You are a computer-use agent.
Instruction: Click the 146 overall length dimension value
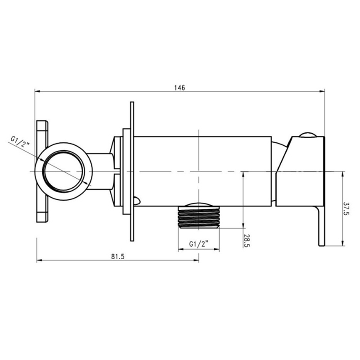pyautogui.click(x=180, y=88)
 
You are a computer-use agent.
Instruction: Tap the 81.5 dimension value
pyautogui.click(x=118, y=256)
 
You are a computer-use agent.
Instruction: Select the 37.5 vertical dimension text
pyautogui.click(x=346, y=208)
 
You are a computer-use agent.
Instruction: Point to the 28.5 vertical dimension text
pyautogui.click(x=247, y=241)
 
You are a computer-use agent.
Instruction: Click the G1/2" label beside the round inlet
pyautogui.click(x=20, y=141)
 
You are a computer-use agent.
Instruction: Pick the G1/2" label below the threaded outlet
pyautogui.click(x=199, y=244)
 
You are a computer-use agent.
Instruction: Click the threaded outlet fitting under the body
pyautogui.click(x=199, y=217)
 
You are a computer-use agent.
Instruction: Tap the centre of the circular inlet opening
pyautogui.click(x=63, y=171)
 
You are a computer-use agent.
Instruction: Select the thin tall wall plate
pyautogui.click(x=132, y=171)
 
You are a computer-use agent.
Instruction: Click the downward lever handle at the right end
pyautogui.click(x=321, y=226)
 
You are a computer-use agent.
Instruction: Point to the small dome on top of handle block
pyautogui.click(x=308, y=135)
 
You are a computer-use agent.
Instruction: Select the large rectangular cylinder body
pyautogui.click(x=202, y=171)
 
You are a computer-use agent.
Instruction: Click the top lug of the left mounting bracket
pyautogui.click(x=42, y=134)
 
